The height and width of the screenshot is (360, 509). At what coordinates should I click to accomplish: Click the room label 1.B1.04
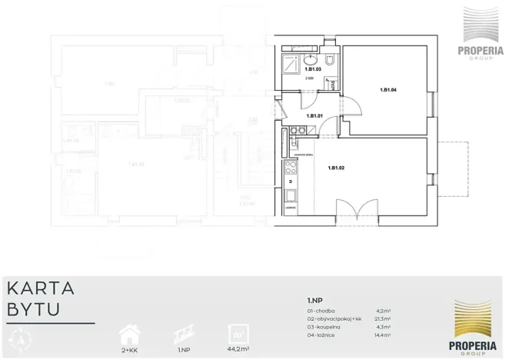388,89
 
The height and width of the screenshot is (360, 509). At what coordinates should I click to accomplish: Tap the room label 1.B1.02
335,168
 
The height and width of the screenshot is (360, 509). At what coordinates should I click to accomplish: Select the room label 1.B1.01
314,115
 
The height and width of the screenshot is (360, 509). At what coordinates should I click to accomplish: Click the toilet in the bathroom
330,59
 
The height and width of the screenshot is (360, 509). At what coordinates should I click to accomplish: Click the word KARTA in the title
41,289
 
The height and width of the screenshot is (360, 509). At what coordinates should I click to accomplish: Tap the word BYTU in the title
34,309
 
